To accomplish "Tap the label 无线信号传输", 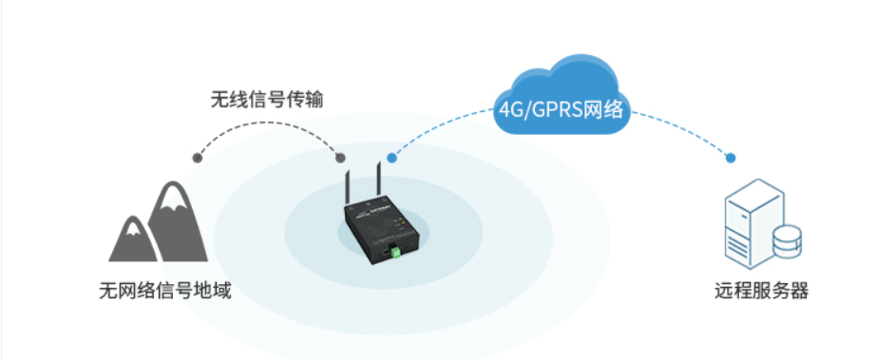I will pyautogui.click(x=267, y=99).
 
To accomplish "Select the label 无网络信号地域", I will pyautogui.click(x=165, y=291).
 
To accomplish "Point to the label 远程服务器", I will pyautogui.click(x=761, y=291).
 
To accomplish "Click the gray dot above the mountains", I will pyautogui.click(x=197, y=157).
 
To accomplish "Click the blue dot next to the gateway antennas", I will pyautogui.click(x=391, y=158).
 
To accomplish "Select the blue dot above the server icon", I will pyautogui.click(x=731, y=158).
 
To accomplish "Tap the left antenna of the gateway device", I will pyautogui.click(x=347, y=190).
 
